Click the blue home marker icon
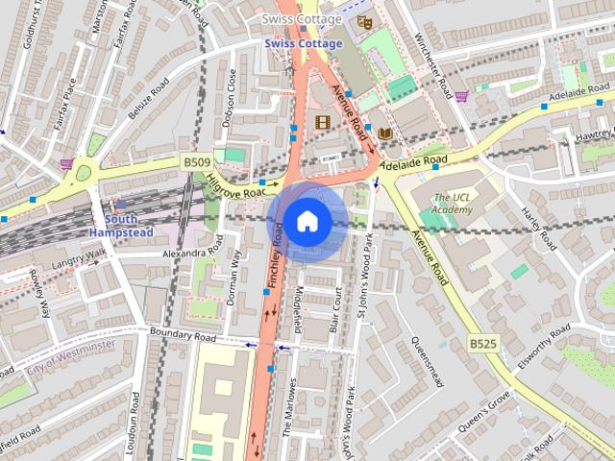(307, 222)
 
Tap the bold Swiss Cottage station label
(303, 44)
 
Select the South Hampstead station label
(121, 226)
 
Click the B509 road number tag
(196, 164)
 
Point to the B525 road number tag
(482, 343)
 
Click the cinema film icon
(322, 122)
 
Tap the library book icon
(384, 133)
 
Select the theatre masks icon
(364, 21)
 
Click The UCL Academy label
(453, 203)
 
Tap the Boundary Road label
(183, 334)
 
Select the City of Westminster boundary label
(71, 355)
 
